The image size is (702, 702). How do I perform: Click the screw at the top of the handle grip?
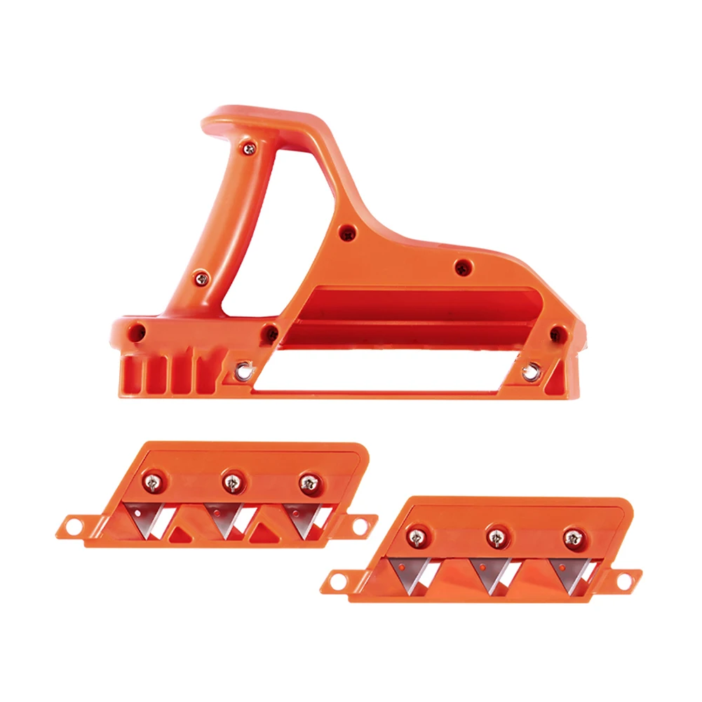click(x=247, y=147)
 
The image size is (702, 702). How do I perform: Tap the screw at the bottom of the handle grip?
click(x=201, y=278)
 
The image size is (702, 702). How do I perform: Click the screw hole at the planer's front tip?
click(x=558, y=332)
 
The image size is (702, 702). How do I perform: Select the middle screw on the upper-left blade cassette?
click(x=229, y=482)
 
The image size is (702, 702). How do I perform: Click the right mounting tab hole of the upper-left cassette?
click(x=362, y=523)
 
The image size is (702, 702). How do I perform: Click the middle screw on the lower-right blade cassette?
click(x=493, y=537)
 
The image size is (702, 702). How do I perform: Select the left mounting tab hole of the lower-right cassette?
click(x=336, y=579)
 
